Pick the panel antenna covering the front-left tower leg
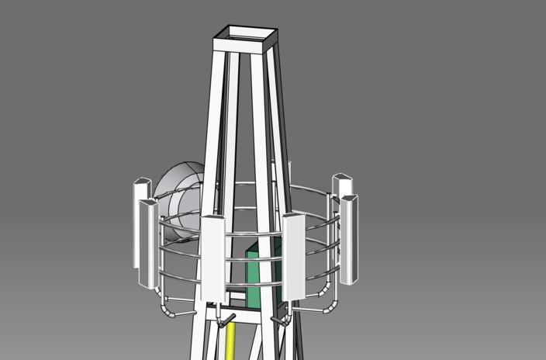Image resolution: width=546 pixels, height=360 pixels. [213, 260]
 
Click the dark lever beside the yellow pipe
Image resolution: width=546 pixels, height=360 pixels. [226, 318]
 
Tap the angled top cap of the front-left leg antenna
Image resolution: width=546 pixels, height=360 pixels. [213, 220]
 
